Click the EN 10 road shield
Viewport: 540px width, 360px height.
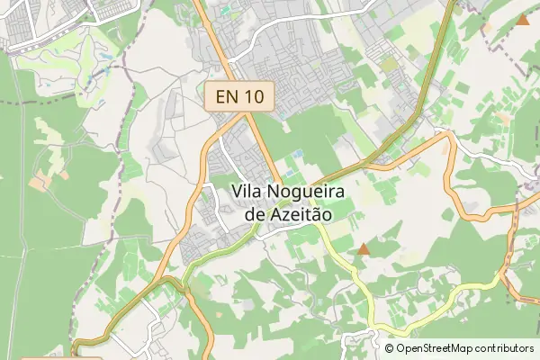point(239,96)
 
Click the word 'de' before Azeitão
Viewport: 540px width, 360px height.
point(256,215)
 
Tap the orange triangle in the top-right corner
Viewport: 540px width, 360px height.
point(524,19)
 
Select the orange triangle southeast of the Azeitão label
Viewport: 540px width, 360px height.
point(364,248)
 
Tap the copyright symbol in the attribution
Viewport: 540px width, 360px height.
point(389,347)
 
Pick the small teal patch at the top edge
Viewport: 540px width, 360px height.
point(226,10)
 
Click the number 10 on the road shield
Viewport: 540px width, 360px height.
point(255,96)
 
